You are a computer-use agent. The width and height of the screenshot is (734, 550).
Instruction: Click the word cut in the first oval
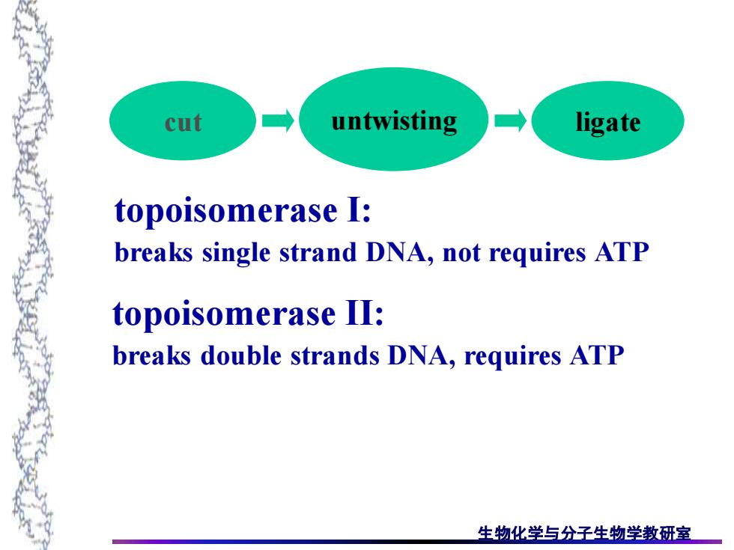click(x=183, y=123)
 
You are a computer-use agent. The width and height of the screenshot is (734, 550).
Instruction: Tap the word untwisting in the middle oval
click(x=394, y=121)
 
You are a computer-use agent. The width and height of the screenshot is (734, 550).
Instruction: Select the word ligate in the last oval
click(x=608, y=123)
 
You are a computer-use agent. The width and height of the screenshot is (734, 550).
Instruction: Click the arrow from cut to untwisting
click(x=278, y=121)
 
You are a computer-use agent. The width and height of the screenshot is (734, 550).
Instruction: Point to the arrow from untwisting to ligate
click(x=510, y=121)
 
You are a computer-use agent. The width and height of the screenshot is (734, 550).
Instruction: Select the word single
click(x=237, y=254)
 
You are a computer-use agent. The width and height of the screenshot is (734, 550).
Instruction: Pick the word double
click(x=240, y=355)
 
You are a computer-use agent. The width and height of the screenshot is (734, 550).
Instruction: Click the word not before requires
click(x=461, y=253)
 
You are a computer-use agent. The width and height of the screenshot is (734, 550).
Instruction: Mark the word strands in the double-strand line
click(x=336, y=355)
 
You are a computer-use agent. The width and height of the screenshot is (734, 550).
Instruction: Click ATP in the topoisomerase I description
click(x=622, y=253)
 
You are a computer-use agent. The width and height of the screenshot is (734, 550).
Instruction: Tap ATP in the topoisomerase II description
click(x=597, y=355)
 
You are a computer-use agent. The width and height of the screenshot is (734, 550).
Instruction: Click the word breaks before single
click(x=154, y=253)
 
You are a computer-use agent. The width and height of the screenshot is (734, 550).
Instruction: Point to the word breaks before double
click(x=152, y=355)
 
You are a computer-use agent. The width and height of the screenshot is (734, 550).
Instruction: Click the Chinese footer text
click(x=584, y=533)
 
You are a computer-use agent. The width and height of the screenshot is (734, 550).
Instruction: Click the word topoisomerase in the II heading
click(x=224, y=314)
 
